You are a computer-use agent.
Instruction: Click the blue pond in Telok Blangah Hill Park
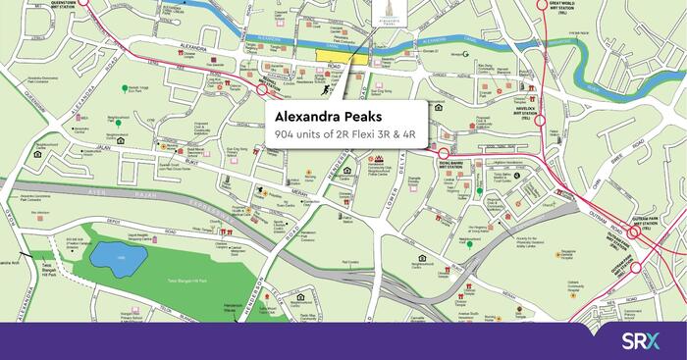(118, 258)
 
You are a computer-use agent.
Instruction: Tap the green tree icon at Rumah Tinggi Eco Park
(126, 88)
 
